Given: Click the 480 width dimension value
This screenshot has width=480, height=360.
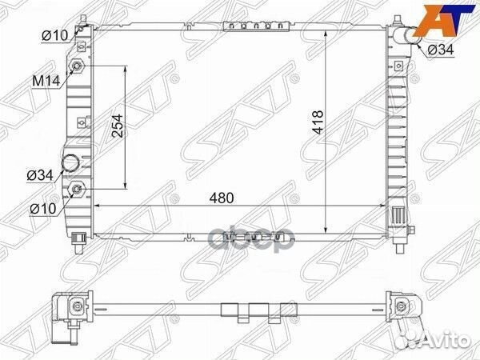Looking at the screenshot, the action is [x=222, y=198].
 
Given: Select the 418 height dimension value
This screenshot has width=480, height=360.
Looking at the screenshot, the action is [x=318, y=122].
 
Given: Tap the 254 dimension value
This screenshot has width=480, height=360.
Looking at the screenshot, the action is [x=118, y=126].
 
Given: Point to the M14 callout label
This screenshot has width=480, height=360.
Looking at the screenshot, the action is [x=46, y=81].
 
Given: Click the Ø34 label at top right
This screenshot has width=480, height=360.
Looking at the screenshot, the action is [x=441, y=50].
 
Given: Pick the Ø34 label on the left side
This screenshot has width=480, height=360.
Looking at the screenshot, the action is [x=40, y=175].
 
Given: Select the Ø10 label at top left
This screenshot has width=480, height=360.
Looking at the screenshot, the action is [x=54, y=36].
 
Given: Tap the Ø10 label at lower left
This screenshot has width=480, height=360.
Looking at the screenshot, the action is [x=43, y=209].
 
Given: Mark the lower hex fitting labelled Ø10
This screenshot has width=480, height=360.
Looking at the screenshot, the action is [x=77, y=189].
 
